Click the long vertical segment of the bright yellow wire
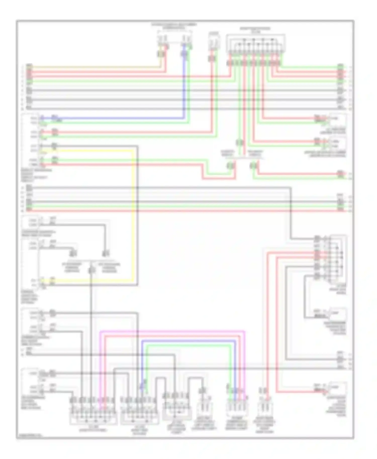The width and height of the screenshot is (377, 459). tap(132, 213)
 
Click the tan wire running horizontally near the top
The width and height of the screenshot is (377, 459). tap(96, 67)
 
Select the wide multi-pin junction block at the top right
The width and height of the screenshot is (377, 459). tap(256, 44)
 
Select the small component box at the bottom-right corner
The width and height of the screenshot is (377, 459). tap(338, 388)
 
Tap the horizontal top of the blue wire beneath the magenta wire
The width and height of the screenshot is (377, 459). tap(189, 341)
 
